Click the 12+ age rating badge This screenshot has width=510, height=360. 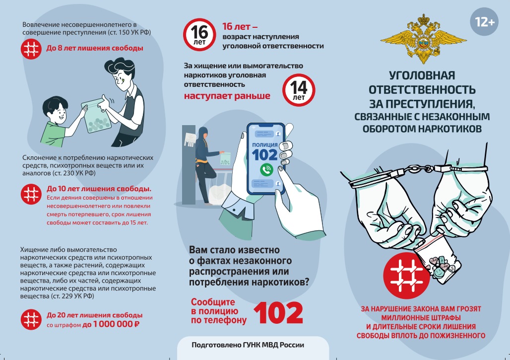[484, 22]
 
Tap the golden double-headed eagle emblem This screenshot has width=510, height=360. [423, 38]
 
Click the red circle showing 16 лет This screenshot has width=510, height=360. [199, 34]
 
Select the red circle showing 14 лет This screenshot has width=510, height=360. [299, 90]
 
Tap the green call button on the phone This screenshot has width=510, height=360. [267, 170]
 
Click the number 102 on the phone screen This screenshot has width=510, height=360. [265, 155]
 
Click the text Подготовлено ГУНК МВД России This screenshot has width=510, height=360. [248, 345]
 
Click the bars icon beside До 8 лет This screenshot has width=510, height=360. [31, 49]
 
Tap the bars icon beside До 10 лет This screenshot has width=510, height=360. [31, 194]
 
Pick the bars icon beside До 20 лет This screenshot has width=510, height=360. [31, 319]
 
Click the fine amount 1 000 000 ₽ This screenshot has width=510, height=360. [117, 324]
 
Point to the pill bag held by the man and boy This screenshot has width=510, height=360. [97, 116]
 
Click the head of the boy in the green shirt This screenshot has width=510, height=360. [56, 110]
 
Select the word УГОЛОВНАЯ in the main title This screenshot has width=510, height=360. [422, 75]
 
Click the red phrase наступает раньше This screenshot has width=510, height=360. [227, 96]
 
